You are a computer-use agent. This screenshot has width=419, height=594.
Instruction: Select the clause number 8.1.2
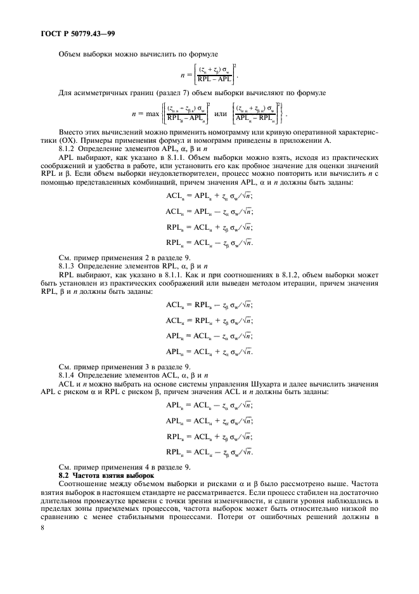click(x=68, y=147)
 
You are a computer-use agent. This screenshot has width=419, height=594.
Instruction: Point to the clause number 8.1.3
click(x=68, y=266)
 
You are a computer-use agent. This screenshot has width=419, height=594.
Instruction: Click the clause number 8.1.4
click(x=68, y=377)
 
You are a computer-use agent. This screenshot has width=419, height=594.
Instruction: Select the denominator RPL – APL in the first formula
click(x=214, y=80)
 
